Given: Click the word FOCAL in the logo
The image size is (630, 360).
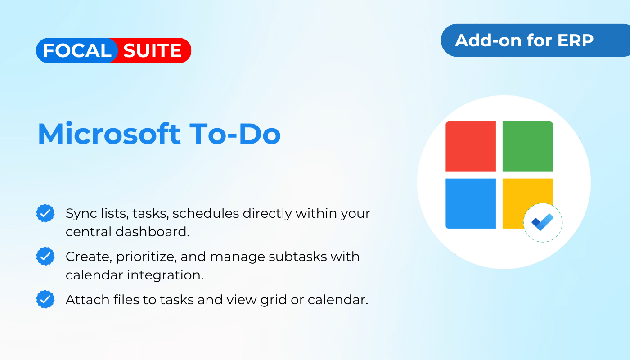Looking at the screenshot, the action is tap(77, 50).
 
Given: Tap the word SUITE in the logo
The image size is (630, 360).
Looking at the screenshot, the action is tap(152, 50).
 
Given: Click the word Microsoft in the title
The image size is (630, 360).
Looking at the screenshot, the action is tap(109, 134).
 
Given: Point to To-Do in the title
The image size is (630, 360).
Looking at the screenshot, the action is tap(235, 134).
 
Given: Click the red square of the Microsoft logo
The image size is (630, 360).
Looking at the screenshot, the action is tap(471, 147).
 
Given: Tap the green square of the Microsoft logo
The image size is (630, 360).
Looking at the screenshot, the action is tap(527, 147).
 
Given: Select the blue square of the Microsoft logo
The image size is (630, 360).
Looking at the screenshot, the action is tap(471, 203).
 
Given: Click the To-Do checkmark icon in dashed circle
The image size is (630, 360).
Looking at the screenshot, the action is tap(543, 222).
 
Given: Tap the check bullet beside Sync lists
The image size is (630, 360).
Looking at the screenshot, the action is tap(45, 213).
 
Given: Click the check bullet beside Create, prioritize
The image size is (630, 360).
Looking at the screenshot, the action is tap(45, 256).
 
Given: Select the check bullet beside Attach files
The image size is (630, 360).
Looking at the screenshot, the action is tap(45, 299).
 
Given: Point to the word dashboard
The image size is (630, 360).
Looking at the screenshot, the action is tap(152, 232).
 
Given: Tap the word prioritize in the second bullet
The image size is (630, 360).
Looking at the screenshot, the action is tap(146, 257).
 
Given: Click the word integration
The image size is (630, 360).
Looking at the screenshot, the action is tap(165, 275).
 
